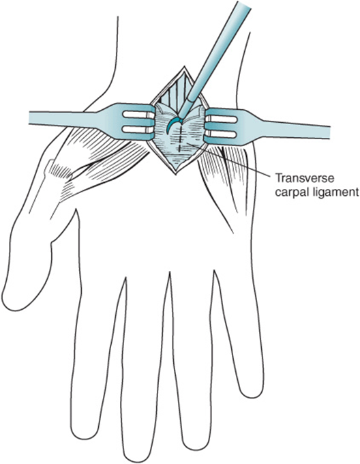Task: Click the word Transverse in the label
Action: [305, 179]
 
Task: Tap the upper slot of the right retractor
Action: [222, 119]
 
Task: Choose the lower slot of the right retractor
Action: [222, 134]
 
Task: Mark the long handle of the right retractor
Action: [295, 129]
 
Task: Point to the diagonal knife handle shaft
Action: [218, 53]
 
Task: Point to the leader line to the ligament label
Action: [230, 160]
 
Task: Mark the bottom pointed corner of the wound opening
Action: [176, 174]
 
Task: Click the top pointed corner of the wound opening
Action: [185, 67]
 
